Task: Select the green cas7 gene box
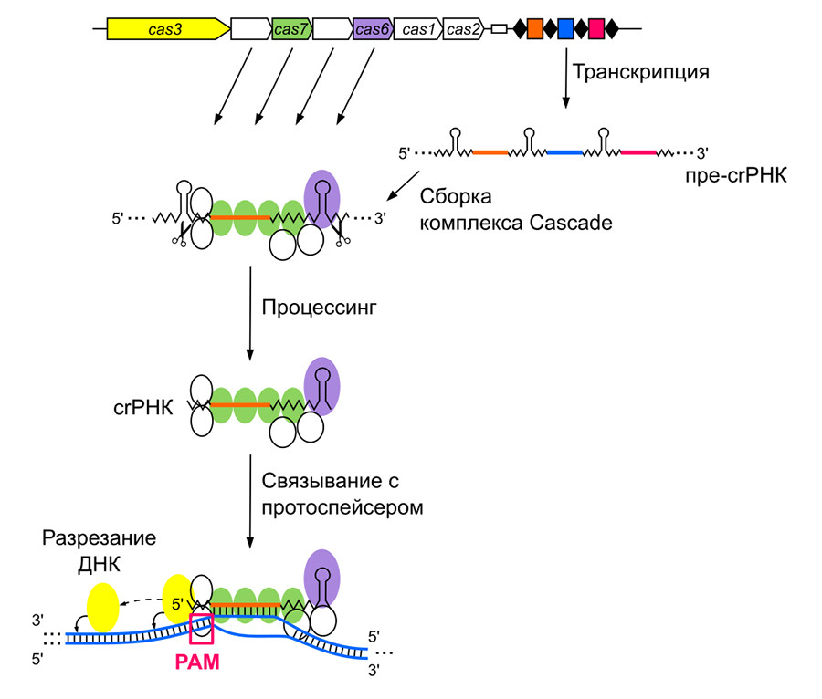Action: pos(292,30)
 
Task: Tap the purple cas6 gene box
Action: pos(373,30)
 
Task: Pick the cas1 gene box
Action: pos(420,30)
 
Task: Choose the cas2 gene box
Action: pos(463,30)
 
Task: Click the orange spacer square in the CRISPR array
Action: pos(535,29)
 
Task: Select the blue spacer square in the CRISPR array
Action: pos(565,29)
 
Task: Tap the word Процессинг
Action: pos(320,308)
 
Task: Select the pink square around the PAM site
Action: pos(201,630)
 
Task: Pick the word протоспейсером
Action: pos(342,507)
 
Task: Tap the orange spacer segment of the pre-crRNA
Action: pos(490,151)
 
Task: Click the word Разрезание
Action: pos(99,537)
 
